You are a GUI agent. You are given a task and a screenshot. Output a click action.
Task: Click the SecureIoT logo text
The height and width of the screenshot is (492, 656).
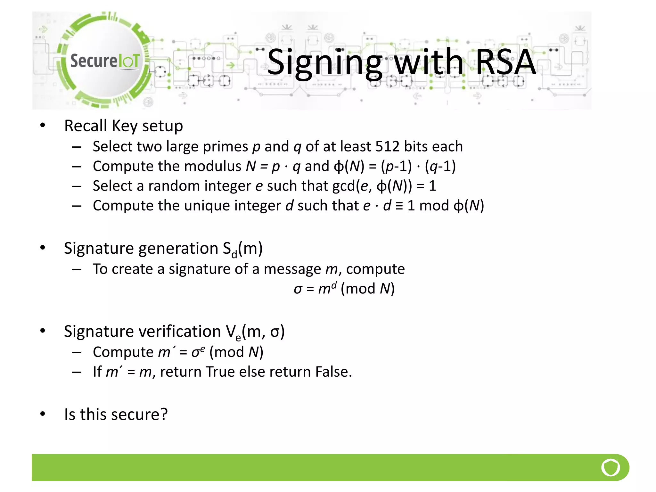(x=105, y=61)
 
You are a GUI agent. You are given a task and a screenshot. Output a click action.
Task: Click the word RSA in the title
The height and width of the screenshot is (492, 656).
(x=505, y=62)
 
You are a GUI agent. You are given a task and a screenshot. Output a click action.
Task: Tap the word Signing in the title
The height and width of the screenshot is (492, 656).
(x=324, y=63)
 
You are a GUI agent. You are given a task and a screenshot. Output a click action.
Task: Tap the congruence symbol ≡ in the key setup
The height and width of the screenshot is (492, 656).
(x=399, y=206)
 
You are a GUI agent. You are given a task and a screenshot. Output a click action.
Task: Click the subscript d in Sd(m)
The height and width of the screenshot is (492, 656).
(x=234, y=254)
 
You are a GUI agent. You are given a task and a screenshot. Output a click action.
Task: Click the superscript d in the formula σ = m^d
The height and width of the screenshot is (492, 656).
(x=334, y=285)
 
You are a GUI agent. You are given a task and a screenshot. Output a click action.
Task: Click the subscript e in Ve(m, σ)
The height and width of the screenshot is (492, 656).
(x=238, y=337)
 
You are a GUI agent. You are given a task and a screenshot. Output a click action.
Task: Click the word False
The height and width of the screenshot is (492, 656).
(x=333, y=372)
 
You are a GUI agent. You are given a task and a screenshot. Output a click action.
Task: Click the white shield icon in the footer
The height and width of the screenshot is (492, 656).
(x=611, y=467)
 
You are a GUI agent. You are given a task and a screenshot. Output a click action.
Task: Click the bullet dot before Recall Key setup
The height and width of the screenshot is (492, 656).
(x=43, y=126)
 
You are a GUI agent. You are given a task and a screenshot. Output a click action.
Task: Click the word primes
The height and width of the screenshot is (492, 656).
(x=225, y=147)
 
